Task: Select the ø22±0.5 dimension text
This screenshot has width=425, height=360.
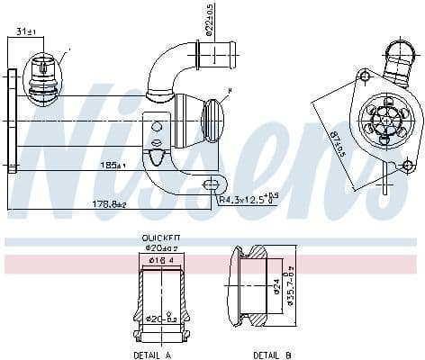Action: pyautogui.click(x=209, y=21)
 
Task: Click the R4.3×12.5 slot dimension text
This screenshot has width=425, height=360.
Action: pyautogui.click(x=248, y=199)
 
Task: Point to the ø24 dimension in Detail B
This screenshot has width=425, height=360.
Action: pyautogui.click(x=276, y=287)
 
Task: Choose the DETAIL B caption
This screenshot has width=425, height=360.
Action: pyautogui.click(x=272, y=355)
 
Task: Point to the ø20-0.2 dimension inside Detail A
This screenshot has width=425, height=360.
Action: pyautogui.click(x=158, y=319)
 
